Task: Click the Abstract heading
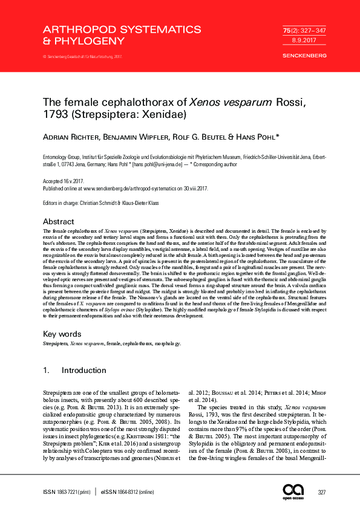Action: pyautogui.click(x=58, y=222)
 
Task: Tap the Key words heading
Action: pyautogui.click(x=61, y=334)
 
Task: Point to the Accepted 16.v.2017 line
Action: pyautogui.click(x=64, y=181)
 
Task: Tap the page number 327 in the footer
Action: pyautogui.click(x=322, y=493)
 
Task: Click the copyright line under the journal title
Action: pyautogui.click(x=82, y=57)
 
